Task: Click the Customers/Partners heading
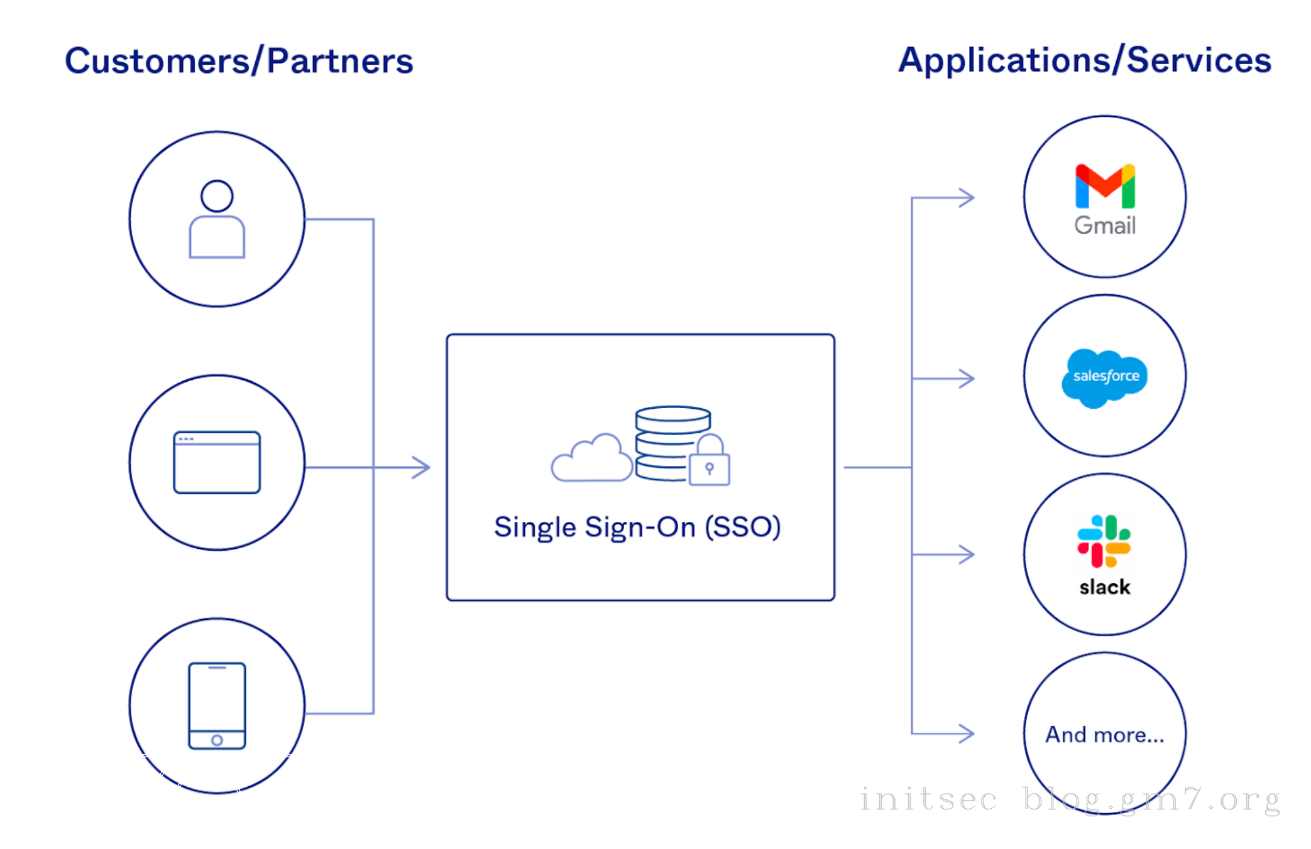click(x=239, y=61)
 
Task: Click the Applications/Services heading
click(x=1084, y=60)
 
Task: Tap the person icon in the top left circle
click(x=217, y=220)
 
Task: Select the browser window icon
click(x=217, y=462)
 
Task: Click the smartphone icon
click(x=217, y=706)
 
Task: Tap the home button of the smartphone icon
click(x=217, y=740)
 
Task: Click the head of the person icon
click(x=217, y=196)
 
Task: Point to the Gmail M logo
click(x=1105, y=186)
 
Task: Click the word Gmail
click(x=1105, y=225)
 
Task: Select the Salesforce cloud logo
click(x=1105, y=377)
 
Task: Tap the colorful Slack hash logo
click(x=1104, y=541)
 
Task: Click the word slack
click(x=1104, y=587)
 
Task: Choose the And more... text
click(x=1104, y=734)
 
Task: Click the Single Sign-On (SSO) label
click(x=637, y=527)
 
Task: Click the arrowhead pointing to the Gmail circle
click(x=967, y=198)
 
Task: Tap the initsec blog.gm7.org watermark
click(x=1068, y=800)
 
